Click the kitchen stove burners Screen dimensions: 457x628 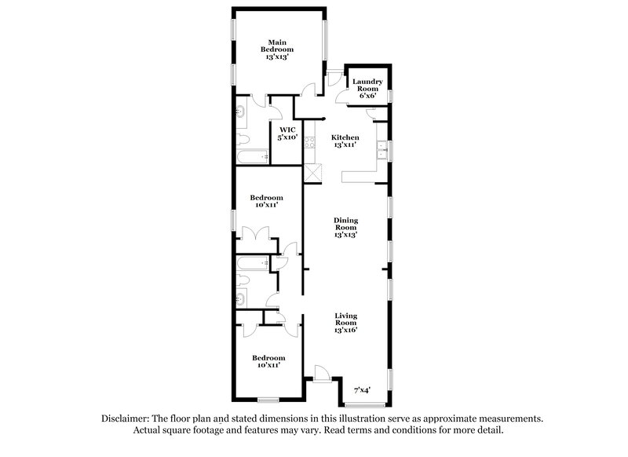point(309,144)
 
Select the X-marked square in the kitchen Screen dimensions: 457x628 point(313,174)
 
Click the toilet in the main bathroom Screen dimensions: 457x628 point(243,141)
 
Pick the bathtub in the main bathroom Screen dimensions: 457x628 point(252,157)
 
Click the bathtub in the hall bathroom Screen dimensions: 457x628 point(253,261)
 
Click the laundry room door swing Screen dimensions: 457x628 point(343,95)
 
